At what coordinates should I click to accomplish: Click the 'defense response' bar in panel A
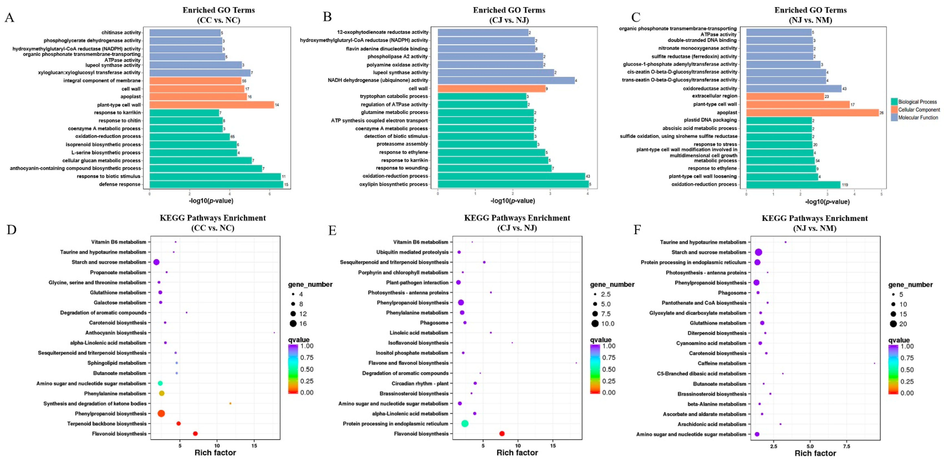pos(216,184)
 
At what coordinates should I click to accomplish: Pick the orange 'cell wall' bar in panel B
pos(491,88)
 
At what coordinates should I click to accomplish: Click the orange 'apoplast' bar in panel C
pos(812,113)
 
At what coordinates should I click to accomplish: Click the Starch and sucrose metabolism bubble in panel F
pos(758,252)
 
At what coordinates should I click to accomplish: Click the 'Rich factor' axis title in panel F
pos(815,453)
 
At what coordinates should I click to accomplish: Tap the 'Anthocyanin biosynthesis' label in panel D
pos(116,333)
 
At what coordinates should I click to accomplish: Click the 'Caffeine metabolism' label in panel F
pos(722,363)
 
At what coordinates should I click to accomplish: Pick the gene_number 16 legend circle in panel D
pos(293,323)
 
